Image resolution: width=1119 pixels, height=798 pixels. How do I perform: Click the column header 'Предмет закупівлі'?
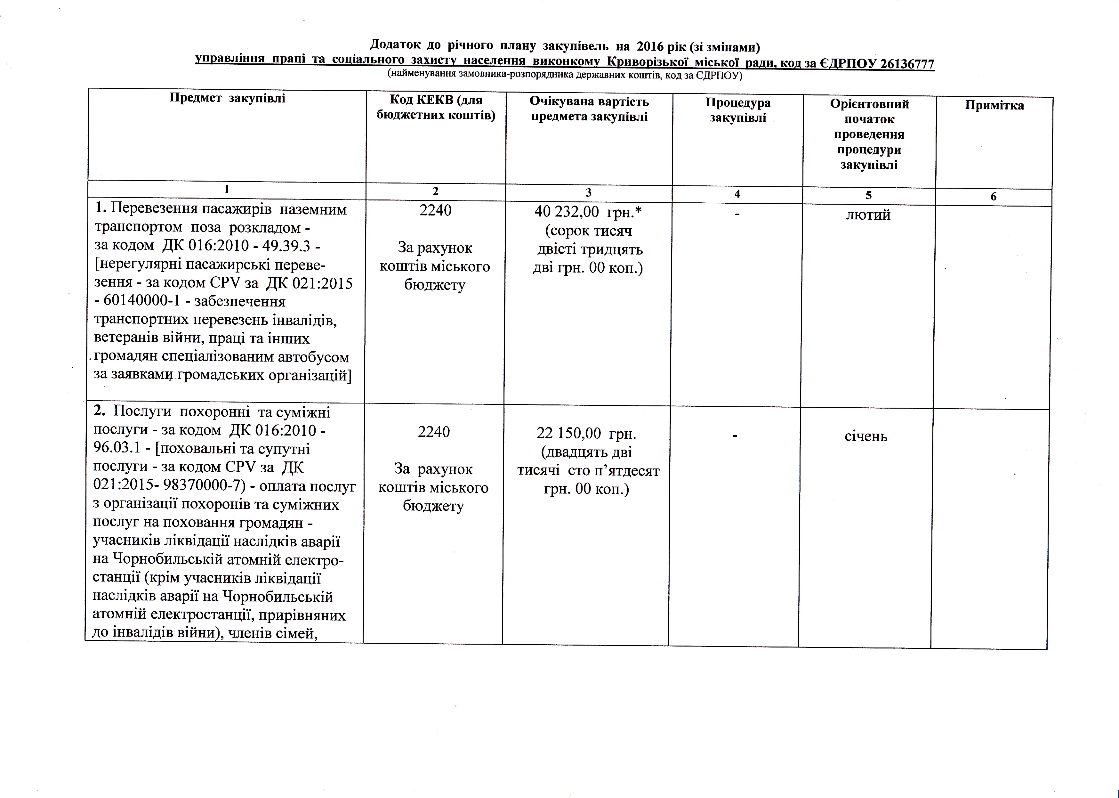click(x=227, y=98)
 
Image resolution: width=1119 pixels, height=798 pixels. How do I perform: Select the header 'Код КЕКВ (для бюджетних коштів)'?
click(x=435, y=108)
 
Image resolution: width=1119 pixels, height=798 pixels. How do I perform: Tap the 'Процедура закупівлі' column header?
click(x=738, y=110)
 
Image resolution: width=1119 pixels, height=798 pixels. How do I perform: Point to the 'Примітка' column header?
click(x=994, y=105)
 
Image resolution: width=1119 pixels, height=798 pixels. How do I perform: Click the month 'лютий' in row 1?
click(x=868, y=215)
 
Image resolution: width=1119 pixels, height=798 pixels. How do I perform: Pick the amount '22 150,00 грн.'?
click(x=586, y=433)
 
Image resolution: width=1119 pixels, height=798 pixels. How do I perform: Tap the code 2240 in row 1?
click(x=435, y=210)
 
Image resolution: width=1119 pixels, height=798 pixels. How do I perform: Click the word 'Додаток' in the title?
click(x=394, y=45)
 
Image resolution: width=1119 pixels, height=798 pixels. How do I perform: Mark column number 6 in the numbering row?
click(x=993, y=197)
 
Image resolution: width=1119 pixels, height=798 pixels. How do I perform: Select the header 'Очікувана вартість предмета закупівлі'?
click(x=589, y=109)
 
